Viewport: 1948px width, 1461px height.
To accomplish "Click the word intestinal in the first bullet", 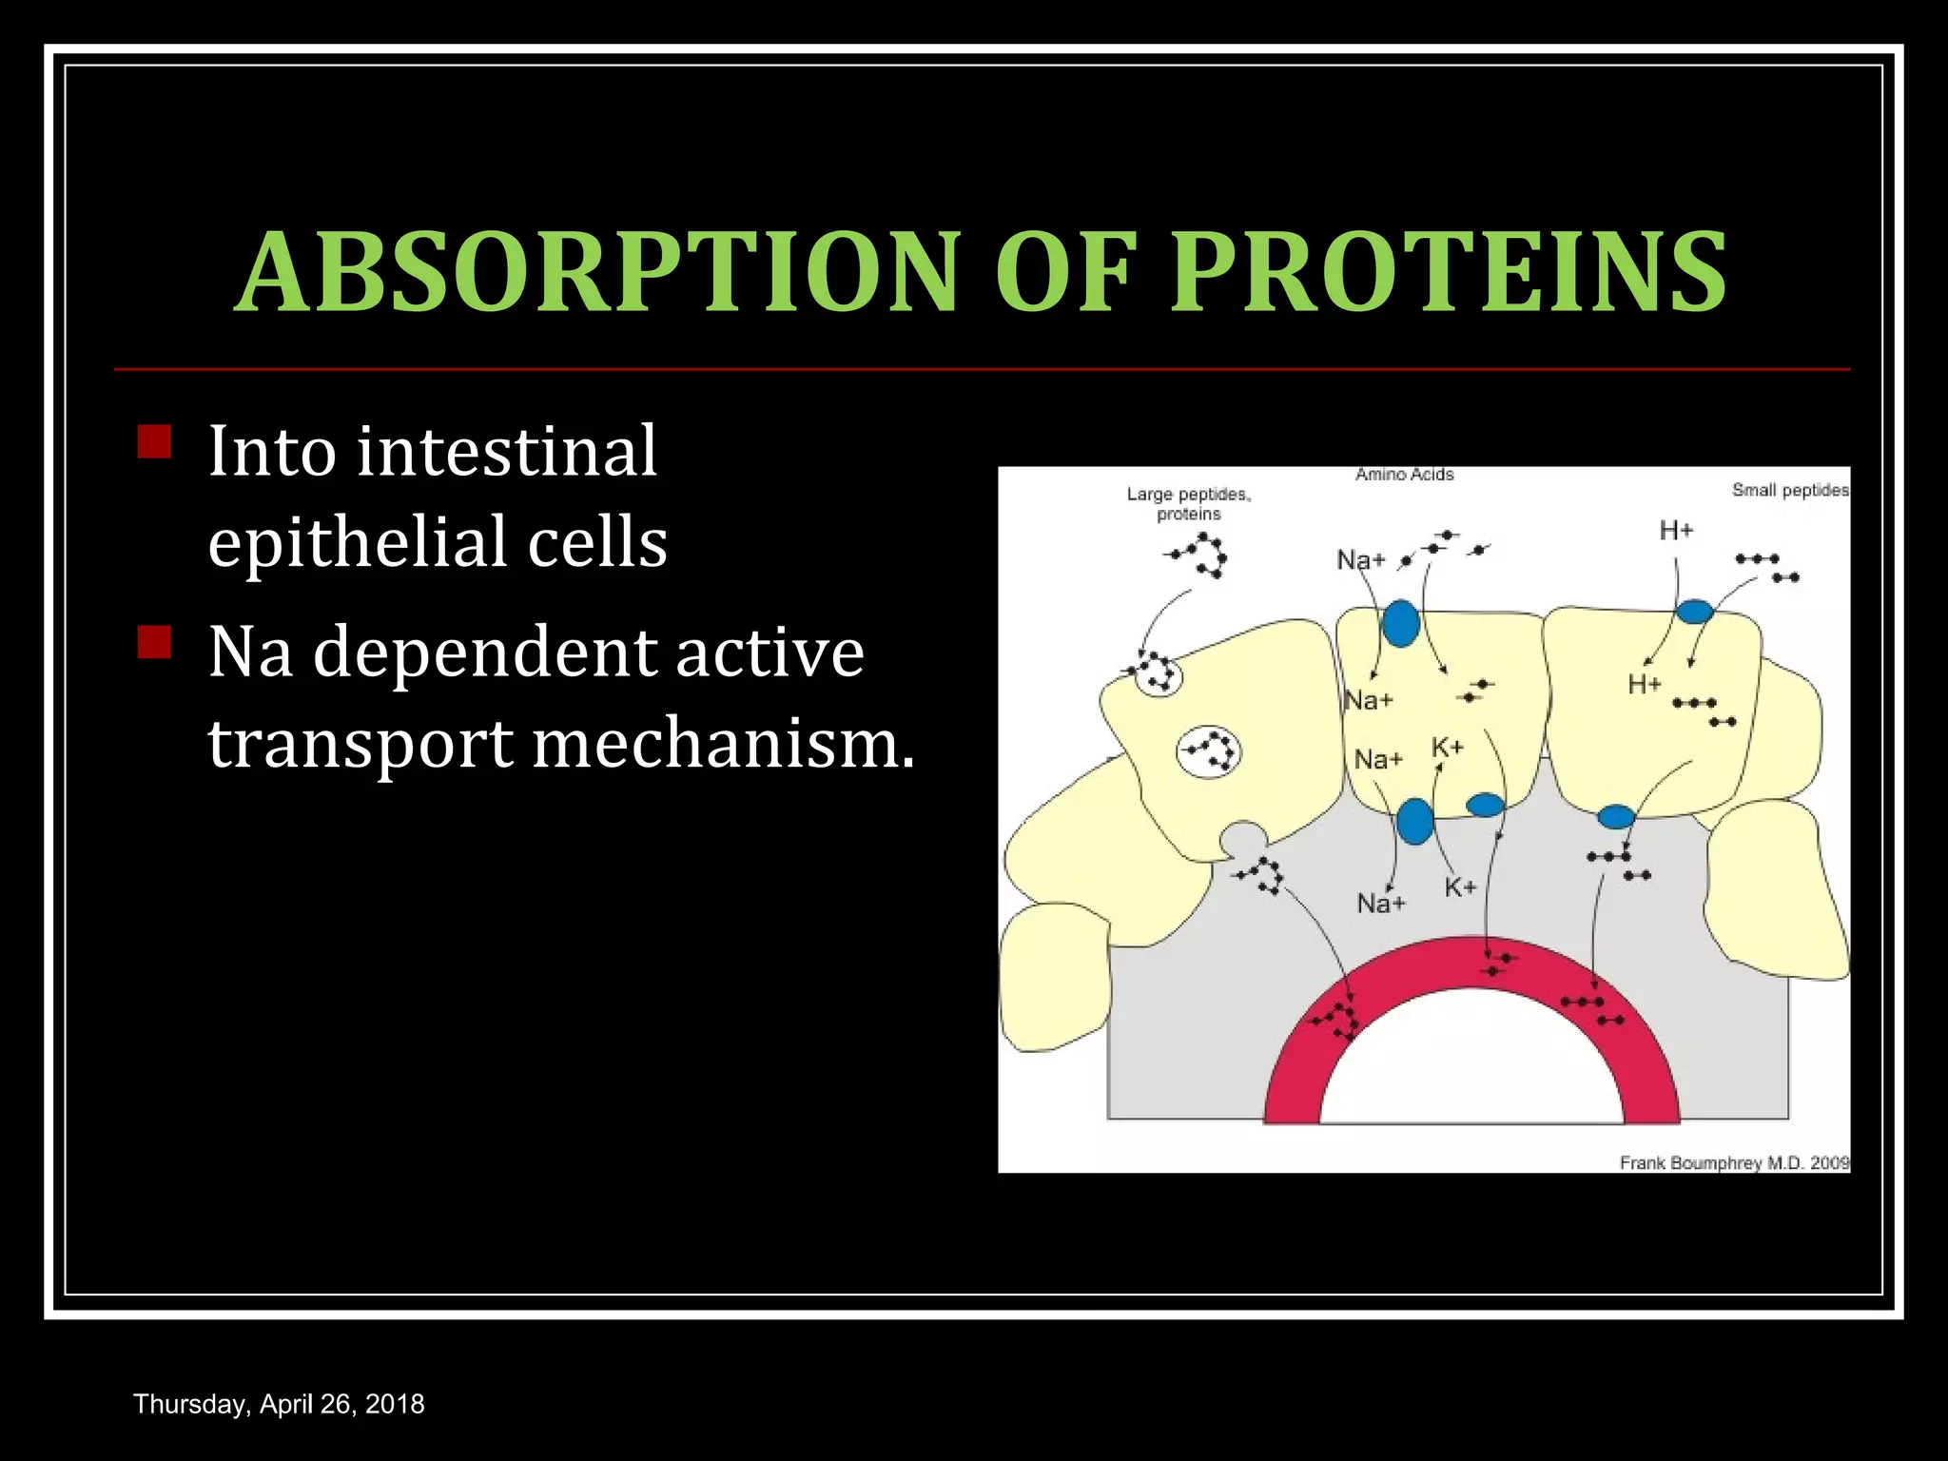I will (507, 451).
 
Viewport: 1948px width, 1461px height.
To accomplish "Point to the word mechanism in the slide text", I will (723, 744).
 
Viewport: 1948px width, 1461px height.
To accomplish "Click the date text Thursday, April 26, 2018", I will (279, 1404).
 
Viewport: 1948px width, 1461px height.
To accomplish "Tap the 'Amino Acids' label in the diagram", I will (1404, 475).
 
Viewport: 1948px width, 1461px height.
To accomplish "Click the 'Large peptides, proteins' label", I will (1189, 504).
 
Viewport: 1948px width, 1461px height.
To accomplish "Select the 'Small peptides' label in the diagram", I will (1790, 490).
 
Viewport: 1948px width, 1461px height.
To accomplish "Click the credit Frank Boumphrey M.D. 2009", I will (1734, 1162).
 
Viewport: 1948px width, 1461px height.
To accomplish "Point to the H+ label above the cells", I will (1676, 531).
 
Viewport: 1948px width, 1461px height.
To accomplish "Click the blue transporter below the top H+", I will (1694, 611).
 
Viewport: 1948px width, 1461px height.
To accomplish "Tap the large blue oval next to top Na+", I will (1400, 623).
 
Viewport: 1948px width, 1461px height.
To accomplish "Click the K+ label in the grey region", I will (1460, 887).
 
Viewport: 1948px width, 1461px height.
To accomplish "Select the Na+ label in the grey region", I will (1380, 903).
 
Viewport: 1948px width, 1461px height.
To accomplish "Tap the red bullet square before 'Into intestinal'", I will (154, 441).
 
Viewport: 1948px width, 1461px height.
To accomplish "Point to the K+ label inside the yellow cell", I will (1447, 748).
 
